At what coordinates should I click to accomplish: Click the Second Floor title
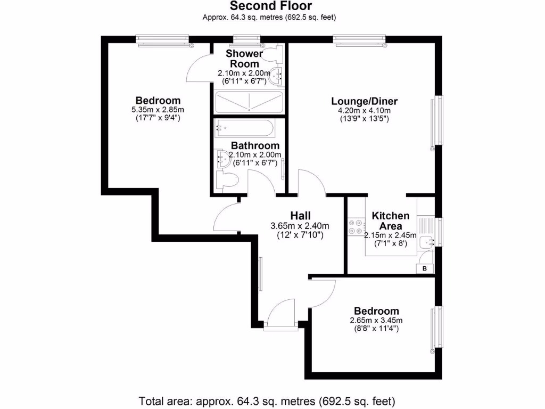pos(270,6)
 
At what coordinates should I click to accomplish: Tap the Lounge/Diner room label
pos(365,101)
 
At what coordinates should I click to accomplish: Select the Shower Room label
pos(244,59)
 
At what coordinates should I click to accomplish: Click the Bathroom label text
pos(255,145)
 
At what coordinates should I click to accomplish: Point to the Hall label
pos(300,215)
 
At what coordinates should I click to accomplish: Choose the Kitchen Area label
pos(390,220)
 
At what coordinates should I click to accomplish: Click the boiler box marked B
pos(424,268)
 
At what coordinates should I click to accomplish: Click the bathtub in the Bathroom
pos(245,128)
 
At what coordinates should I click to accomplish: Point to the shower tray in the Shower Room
pos(249,101)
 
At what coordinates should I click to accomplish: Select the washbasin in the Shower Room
pos(277,77)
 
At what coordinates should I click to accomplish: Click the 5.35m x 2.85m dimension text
pos(158,110)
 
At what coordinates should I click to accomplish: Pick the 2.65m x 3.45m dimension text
pos(376,320)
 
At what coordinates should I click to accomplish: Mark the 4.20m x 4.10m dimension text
pos(365,110)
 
